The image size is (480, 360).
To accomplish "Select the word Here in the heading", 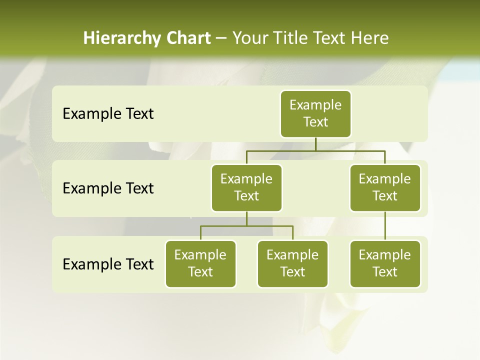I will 369,38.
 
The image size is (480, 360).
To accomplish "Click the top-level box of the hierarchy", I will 315,113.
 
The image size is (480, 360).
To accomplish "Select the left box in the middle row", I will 246,187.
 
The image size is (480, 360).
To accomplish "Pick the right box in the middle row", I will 385,187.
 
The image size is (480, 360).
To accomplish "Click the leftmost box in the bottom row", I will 200,263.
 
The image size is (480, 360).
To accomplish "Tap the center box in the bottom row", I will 292,263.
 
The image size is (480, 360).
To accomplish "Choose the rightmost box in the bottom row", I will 385,263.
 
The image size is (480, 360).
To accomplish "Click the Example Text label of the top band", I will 108,114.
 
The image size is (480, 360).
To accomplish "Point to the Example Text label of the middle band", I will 108,188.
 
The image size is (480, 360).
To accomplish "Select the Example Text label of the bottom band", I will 108,264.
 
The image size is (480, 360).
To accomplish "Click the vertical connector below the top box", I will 315,144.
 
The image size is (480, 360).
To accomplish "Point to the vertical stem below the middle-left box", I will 246,218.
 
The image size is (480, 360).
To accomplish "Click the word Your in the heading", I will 248,38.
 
